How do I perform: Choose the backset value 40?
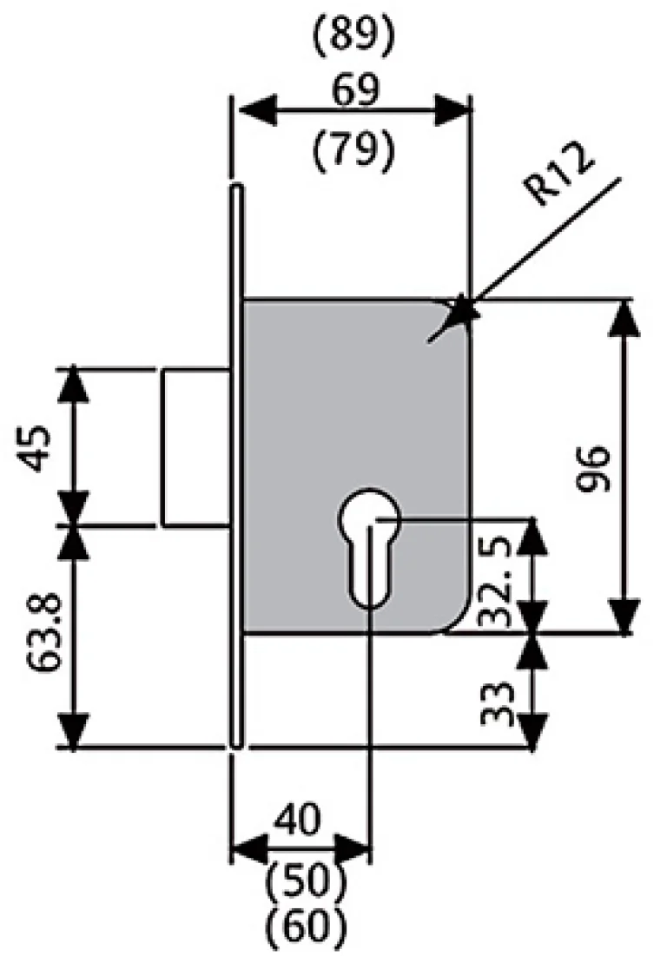(298, 819)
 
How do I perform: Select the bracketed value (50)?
(303, 880)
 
